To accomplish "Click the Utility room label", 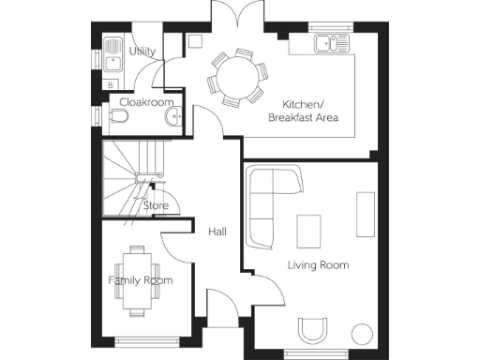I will [142, 52].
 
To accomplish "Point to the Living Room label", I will [318, 265].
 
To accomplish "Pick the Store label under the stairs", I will [156, 204].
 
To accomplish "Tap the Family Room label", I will [140, 280].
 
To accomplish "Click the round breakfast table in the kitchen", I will [231, 72].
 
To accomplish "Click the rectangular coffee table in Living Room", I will [307, 231].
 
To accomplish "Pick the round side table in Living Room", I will [361, 333].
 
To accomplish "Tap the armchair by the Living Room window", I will [312, 330].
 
